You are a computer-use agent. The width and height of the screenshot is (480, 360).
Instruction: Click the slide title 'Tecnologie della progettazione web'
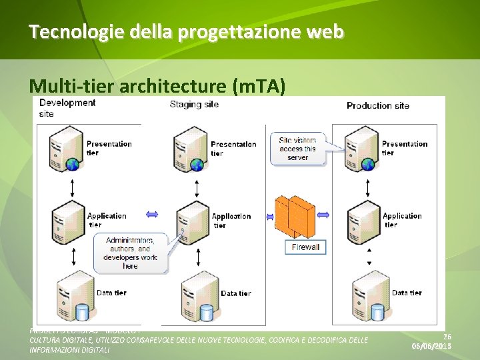pyautogui.click(x=186, y=31)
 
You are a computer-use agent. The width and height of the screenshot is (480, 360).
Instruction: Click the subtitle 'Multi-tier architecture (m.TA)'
pyautogui.click(x=157, y=85)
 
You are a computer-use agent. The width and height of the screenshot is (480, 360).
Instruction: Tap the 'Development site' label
pyautogui.click(x=67, y=107)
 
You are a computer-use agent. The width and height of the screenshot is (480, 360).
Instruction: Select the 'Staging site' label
pyautogui.click(x=194, y=104)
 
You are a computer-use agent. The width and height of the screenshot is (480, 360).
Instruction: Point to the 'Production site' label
pyautogui.click(x=378, y=105)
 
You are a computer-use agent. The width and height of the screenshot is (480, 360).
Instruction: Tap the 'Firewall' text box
pyautogui.click(x=306, y=247)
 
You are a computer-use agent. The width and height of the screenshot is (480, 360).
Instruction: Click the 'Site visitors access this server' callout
pyautogui.click(x=298, y=149)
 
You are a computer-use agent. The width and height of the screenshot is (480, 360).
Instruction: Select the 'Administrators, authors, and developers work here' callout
pyautogui.click(x=130, y=253)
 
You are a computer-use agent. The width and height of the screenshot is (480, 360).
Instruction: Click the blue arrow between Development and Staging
pyautogui.click(x=152, y=215)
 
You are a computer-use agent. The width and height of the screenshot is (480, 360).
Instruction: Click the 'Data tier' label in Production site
pyautogui.click(x=407, y=293)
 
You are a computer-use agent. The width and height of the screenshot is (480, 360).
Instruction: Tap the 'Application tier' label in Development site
pyautogui.click(x=106, y=220)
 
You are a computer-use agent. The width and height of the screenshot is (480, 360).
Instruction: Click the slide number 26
pyautogui.click(x=447, y=337)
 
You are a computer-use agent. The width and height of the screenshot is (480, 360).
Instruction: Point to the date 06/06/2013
pyautogui.click(x=431, y=347)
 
